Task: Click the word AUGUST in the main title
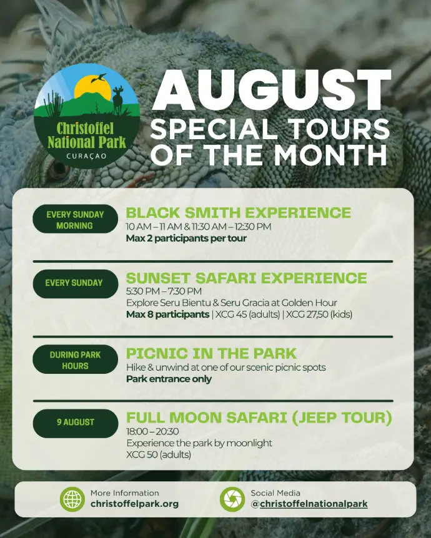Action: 272,90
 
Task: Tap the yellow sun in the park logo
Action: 92,89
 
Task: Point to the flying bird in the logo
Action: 99,78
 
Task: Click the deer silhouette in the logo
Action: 118,99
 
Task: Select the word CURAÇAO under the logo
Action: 87,156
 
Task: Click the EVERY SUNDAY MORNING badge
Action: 75,220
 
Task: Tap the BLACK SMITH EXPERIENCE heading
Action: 239,213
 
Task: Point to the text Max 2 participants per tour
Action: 187,238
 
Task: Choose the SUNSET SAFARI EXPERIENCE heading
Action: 247,278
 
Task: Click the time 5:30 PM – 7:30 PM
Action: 164,291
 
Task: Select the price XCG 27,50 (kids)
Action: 319,315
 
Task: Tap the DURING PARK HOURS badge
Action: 75,360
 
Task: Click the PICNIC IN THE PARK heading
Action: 211,353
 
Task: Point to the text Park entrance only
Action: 169,379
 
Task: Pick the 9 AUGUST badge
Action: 75,423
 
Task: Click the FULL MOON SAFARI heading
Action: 259,418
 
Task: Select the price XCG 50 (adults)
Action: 159,454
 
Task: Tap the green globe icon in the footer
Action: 72,499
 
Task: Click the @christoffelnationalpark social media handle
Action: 309,504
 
